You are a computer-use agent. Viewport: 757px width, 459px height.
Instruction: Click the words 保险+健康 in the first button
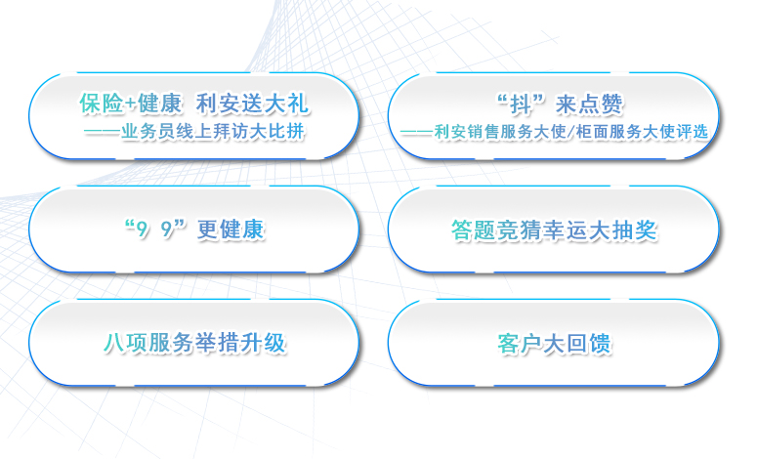pos(130,104)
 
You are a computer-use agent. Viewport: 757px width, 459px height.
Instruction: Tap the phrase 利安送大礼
pos(252,104)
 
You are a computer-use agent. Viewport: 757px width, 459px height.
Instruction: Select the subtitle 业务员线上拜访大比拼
pos(212,131)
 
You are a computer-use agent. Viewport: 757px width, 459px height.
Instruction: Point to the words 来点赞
pos(589,104)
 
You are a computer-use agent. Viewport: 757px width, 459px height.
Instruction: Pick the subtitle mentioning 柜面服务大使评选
pos(554,131)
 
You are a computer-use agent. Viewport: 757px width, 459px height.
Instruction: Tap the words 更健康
pos(231,229)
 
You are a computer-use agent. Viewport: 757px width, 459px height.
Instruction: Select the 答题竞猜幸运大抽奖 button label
pos(554,230)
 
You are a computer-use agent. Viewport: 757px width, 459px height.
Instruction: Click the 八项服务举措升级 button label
pos(194,343)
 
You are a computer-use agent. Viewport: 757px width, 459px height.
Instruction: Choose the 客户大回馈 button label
pos(554,344)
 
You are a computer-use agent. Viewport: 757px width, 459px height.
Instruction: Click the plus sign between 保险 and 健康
pos(130,104)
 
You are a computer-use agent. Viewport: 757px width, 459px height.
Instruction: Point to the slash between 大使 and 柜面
pos(569,132)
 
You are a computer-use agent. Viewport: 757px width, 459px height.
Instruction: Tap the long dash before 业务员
pos(103,132)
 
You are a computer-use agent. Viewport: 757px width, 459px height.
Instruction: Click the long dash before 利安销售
pos(417,132)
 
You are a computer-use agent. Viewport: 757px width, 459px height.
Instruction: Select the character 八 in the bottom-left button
pos(114,344)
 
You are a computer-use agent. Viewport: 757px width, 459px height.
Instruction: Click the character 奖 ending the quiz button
pos(646,230)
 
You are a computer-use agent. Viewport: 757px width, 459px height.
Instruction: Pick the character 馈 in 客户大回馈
pos(601,344)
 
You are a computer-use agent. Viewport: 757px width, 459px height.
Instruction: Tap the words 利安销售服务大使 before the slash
pos(500,131)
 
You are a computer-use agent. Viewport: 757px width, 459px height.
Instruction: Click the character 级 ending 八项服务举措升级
pos(275,343)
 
